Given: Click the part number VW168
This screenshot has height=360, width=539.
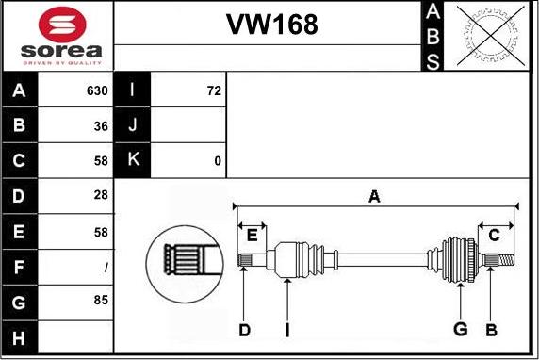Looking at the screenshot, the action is tap(271, 25).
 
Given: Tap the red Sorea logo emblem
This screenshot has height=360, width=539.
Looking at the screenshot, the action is tap(62, 25).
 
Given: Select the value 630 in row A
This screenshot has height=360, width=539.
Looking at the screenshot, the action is tap(97, 90).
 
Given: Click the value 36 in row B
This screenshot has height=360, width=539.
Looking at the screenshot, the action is tap(101, 126).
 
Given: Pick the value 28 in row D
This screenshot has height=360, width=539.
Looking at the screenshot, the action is tap(101, 195).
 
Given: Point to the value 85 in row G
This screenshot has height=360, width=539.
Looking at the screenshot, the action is tap(101, 300).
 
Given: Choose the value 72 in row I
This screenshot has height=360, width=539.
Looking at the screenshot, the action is tap(214, 90).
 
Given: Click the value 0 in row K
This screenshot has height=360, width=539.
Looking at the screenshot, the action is tap(218, 161).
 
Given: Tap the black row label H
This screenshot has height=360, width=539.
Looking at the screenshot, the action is tap(20, 337).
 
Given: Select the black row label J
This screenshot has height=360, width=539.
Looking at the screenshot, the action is tap(132, 124).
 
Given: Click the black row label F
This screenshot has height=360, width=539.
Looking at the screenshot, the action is tap(20, 267).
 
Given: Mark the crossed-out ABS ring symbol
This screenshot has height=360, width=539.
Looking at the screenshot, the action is tap(491, 36).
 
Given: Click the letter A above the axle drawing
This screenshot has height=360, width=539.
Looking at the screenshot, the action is tap(374, 197).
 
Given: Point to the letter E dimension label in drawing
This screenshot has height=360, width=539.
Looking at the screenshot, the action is tap(252, 236).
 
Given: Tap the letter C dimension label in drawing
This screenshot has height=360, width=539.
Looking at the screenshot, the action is tap(494, 236).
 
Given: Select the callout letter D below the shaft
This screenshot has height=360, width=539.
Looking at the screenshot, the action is tap(244, 330).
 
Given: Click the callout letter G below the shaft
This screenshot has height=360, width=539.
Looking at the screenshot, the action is tap(460, 329).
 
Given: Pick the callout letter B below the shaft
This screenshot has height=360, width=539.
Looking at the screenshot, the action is tap(492, 330).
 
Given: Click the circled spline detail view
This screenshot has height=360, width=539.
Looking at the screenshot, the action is tap(185, 264).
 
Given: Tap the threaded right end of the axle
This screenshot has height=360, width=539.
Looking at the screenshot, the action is tap(506, 260).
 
